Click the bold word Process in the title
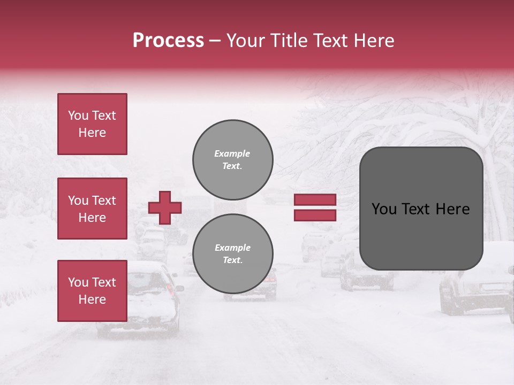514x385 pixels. click(x=168, y=41)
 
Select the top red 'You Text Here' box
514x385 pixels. click(x=92, y=124)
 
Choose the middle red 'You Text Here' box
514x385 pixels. click(x=92, y=209)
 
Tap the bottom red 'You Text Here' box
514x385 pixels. click(x=92, y=290)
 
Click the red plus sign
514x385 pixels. click(x=165, y=207)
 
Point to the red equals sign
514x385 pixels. click(x=315, y=207)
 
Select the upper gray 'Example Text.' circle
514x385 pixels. click(x=232, y=159)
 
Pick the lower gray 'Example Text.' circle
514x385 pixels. click(x=232, y=253)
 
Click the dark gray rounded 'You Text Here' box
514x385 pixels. click(x=421, y=209)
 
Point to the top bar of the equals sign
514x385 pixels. click(x=315, y=200)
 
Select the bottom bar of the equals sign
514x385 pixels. click(x=315, y=215)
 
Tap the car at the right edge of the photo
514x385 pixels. click(x=477, y=291)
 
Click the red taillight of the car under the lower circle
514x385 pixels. click(x=271, y=278)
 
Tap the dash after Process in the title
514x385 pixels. click(x=215, y=41)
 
